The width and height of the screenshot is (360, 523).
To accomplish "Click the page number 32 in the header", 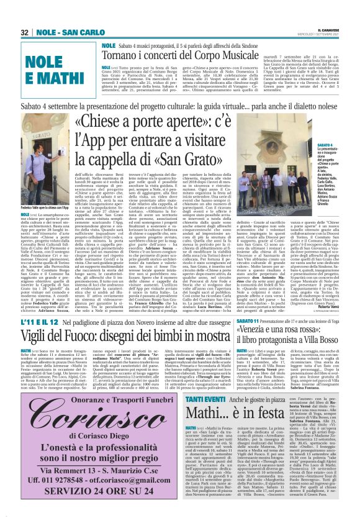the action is pyautogui.click(x=25, y=32).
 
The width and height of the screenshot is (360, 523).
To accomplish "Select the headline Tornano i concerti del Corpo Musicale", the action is pyautogui.click(x=181, y=56).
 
